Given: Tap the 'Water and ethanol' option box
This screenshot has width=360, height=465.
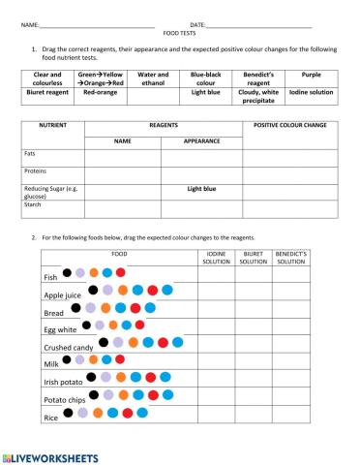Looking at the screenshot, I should (153, 77).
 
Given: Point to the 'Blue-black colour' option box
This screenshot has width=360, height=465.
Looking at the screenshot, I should (205, 77).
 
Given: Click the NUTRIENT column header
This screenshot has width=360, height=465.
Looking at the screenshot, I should (51, 126).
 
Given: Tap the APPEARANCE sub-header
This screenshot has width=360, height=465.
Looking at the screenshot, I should (202, 141).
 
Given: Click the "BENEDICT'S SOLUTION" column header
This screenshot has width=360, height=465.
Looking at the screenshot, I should (290, 258).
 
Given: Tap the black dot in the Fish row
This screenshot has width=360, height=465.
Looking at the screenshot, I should (67, 272).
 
